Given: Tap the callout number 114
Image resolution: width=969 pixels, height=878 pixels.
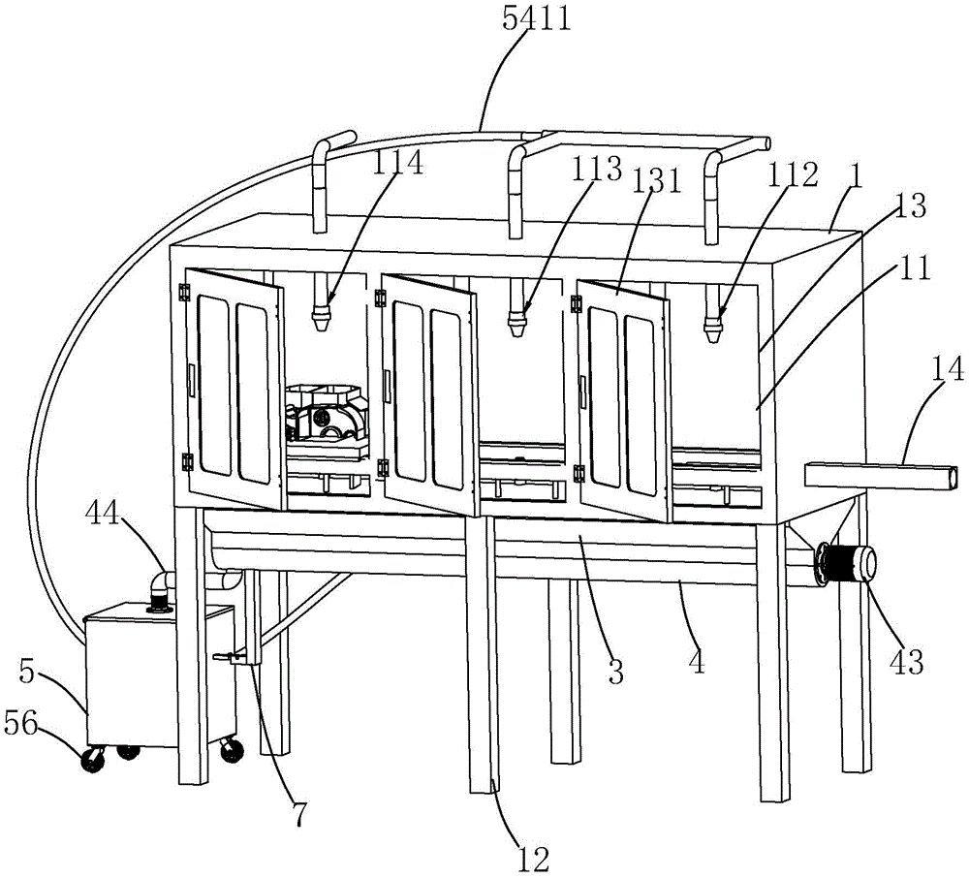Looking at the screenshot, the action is click(397, 163).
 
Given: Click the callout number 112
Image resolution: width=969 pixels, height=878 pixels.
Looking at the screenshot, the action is click(794, 174).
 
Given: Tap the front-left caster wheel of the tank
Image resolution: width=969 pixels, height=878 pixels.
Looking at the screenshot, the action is click(93, 762).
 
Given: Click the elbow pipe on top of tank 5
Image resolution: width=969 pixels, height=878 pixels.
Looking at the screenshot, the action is click(159, 587).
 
